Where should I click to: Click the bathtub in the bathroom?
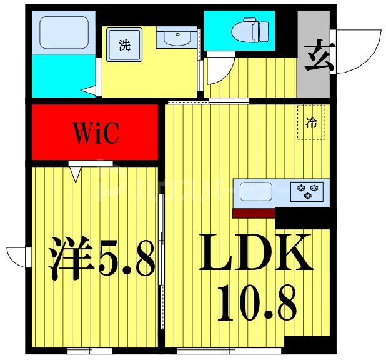(63, 33)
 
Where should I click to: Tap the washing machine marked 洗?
(124, 45)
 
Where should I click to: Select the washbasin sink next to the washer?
(176, 38)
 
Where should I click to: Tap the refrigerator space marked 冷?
(310, 122)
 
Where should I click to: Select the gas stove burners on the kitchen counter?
(307, 191)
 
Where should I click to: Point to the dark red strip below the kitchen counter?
(254, 213)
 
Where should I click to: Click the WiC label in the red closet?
(95, 132)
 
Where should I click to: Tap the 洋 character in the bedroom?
(67, 257)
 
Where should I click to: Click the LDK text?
(255, 252)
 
